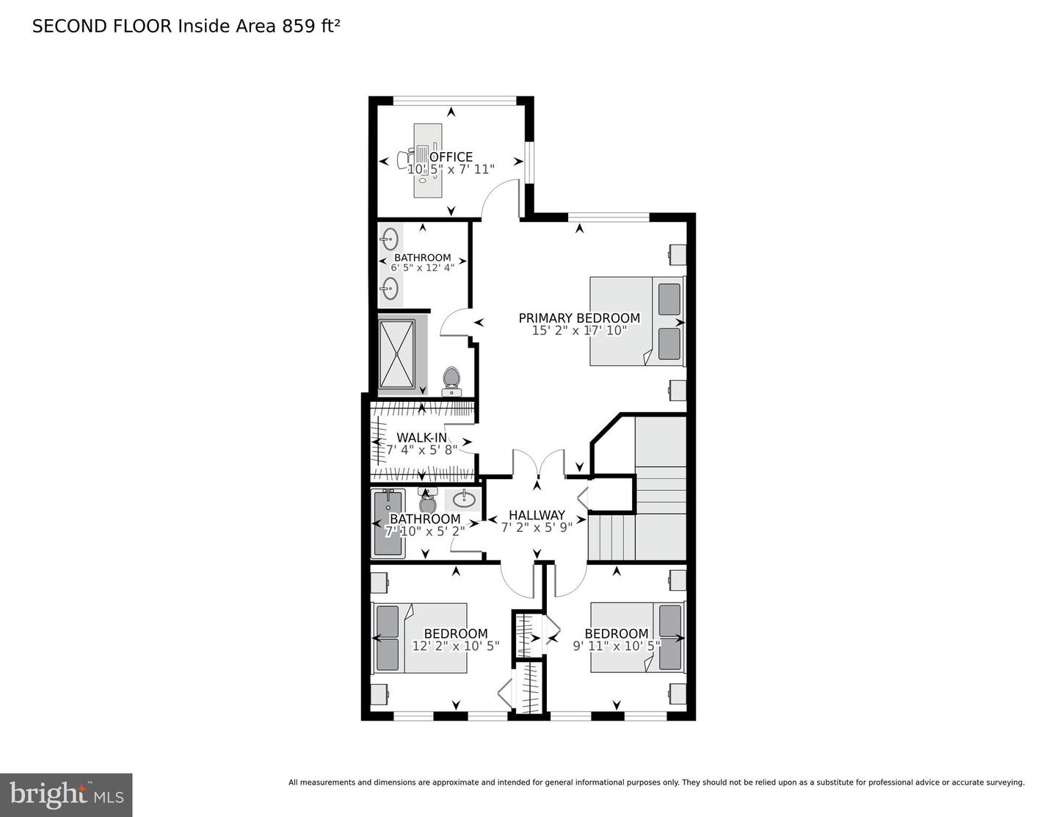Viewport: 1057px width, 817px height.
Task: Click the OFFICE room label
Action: [451, 156]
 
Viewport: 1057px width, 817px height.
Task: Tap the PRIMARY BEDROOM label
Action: [579, 318]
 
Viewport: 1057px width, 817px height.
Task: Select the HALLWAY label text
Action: [537, 515]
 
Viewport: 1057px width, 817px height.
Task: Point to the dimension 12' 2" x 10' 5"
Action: [455, 646]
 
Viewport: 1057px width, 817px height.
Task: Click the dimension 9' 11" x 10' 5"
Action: [617, 646]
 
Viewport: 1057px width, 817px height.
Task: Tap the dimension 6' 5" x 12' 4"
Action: [422, 267]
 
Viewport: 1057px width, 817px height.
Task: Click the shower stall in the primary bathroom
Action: [396, 353]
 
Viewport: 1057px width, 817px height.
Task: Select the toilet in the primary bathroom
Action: [451, 380]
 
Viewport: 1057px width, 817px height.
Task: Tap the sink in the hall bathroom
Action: [462, 500]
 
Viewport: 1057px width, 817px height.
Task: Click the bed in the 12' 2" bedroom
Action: [420, 638]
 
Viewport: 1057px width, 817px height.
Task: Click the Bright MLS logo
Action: [66, 795]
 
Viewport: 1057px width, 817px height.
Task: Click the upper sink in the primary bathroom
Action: [391, 240]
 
